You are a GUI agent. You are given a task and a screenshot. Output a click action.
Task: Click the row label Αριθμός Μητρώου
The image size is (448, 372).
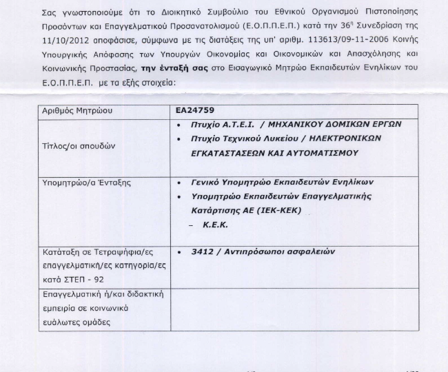(77, 110)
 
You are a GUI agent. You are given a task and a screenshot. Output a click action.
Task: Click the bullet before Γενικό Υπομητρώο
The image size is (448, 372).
(179, 183)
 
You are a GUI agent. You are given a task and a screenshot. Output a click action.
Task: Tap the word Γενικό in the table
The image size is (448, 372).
(205, 183)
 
